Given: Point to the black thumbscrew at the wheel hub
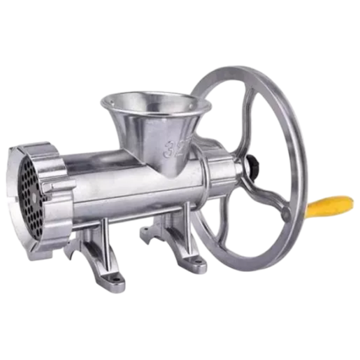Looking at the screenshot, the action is [253, 163].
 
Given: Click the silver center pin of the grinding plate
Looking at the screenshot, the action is [34, 197].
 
